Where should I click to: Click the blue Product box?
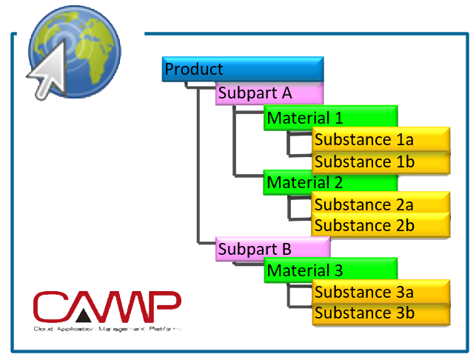tap(242, 69)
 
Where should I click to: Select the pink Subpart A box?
tap(269, 94)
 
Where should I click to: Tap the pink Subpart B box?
tap(272, 249)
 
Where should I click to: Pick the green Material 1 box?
tap(330, 118)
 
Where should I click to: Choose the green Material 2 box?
tap(330, 182)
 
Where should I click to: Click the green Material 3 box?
tap(330, 270)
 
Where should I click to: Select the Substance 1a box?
tap(381, 139)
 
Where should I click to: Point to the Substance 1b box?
tap(381, 161)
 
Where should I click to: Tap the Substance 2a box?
tap(381, 204)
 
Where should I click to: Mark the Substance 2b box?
tap(381, 225)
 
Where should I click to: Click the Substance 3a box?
tap(381, 291)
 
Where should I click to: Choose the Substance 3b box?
tap(381, 313)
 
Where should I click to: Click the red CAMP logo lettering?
tap(107, 306)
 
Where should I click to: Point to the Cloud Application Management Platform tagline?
tap(107, 327)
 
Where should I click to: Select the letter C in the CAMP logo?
tap(52, 306)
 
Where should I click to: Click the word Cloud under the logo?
tap(41, 327)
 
